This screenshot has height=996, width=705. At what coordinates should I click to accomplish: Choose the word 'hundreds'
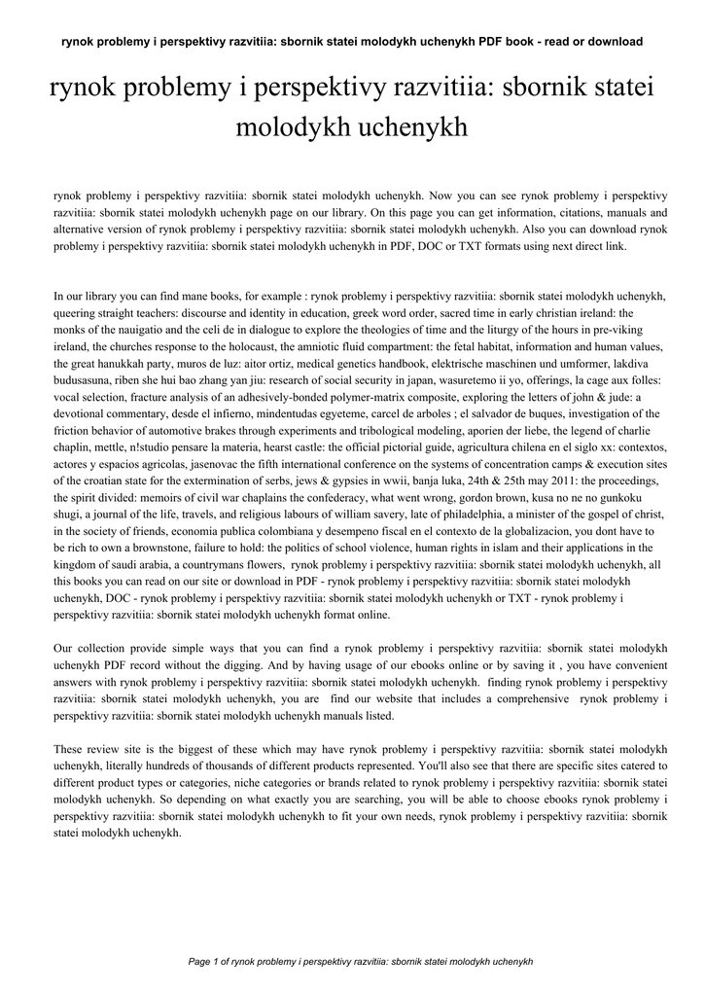coord(186,765)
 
